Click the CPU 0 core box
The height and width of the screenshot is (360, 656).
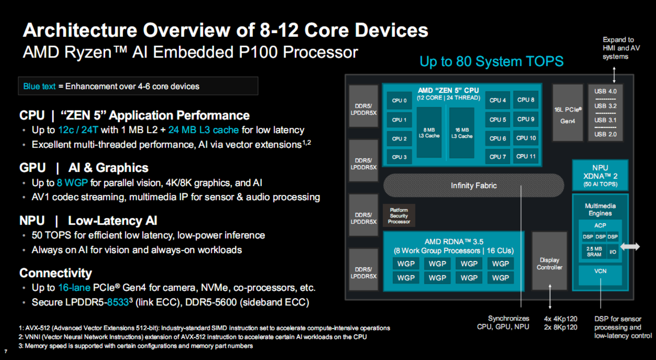tap(399, 101)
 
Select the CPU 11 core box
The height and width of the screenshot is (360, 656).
tap(526, 156)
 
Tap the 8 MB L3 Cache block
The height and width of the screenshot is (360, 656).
tap(429, 133)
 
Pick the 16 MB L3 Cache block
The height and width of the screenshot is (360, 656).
tap(462, 133)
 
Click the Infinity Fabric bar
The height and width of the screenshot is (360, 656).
tap(473, 185)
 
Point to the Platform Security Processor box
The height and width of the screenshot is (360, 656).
tap(399, 216)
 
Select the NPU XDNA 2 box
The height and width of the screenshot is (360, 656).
tap(600, 176)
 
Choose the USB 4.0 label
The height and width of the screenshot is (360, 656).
tap(605, 91)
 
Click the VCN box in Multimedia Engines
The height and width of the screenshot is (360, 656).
tap(600, 271)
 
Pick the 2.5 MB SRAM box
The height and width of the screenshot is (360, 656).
tap(594, 251)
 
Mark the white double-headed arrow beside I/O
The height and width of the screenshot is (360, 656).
tap(630, 247)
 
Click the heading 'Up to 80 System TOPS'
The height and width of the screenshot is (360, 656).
tap(491, 62)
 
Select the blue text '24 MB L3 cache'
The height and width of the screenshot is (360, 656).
tap(203, 130)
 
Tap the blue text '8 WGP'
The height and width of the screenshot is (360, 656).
tap(72, 183)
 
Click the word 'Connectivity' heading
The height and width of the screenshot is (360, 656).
tap(55, 273)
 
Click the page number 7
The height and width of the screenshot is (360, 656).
tap(6, 351)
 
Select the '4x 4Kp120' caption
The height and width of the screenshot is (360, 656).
tap(560, 319)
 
